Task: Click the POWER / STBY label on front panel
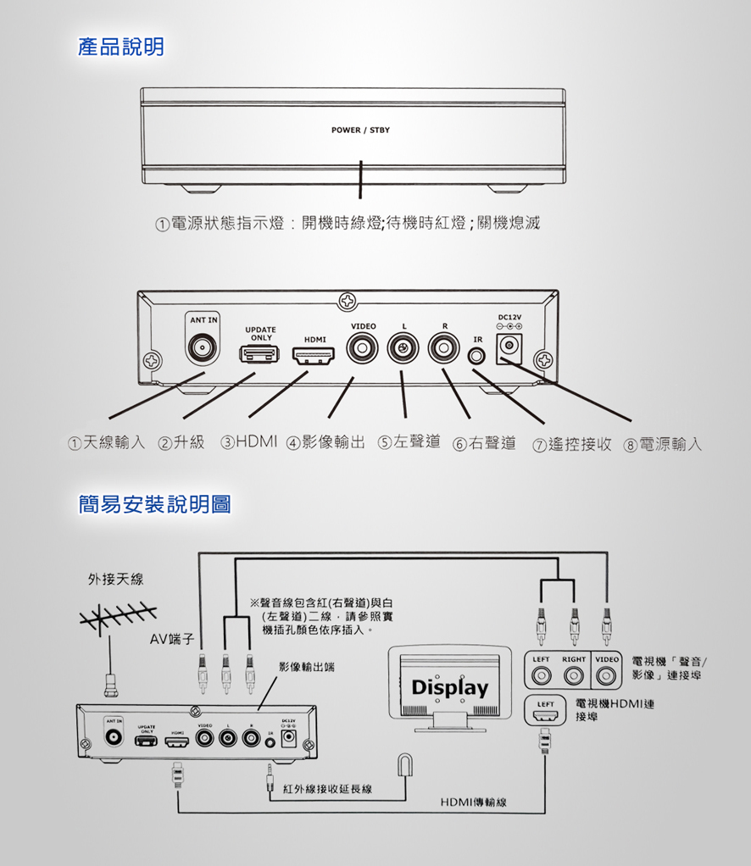pos(360,131)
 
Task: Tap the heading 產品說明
pos(121,47)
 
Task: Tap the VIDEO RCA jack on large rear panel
pos(364,347)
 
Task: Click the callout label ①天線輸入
pos(107,443)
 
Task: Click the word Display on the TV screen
pos(450,687)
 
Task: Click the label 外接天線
pos(116,580)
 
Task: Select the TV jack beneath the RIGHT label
pos(574,676)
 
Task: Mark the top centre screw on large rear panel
pos(348,300)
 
